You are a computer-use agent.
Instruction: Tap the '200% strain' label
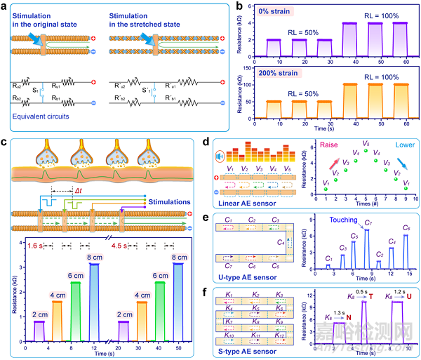(273, 72)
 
